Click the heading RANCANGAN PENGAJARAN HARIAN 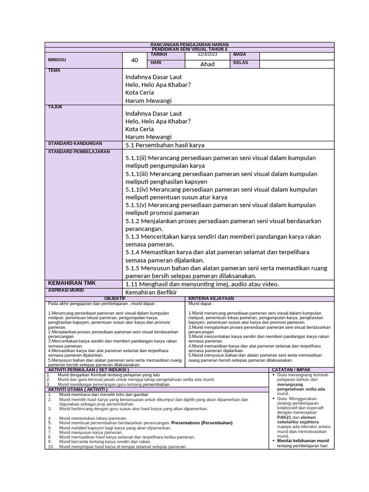click(189, 45)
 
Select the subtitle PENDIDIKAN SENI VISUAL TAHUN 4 click(189, 49)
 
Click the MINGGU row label click(57, 60)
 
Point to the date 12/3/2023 click(208, 55)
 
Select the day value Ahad click(208, 64)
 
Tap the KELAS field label click(241, 63)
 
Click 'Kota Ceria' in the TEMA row click(140, 92)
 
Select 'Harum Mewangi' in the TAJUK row click(148, 137)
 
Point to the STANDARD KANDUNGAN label click(75, 144)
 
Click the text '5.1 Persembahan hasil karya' click(165, 145)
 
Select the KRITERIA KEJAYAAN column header click(211, 299)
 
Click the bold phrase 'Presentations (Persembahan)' click(202, 423)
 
